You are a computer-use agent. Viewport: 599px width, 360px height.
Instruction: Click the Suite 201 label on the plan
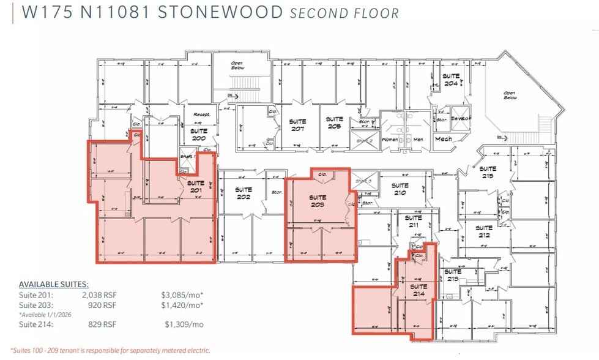click(196, 187)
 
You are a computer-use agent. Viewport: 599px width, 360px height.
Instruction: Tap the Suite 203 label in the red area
click(318, 201)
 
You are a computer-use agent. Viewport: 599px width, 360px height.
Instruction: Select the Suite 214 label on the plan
click(419, 290)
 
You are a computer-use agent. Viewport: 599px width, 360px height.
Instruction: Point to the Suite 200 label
click(198, 135)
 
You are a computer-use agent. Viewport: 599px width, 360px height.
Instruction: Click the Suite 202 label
click(244, 193)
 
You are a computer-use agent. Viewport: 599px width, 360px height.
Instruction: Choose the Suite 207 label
click(298, 126)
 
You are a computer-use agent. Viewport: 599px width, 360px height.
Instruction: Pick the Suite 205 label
click(334, 123)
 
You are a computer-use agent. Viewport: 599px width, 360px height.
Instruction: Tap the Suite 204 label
click(451, 80)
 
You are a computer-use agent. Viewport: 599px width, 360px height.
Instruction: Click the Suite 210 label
click(400, 189)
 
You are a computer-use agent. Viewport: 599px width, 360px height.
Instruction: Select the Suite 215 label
click(488, 173)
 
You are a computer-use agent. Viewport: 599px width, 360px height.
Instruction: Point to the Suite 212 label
click(485, 232)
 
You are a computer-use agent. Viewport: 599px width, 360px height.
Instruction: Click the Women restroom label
click(390, 139)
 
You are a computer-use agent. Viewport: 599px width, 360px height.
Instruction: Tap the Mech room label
click(443, 139)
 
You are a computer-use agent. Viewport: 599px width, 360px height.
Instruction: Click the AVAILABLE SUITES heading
click(54, 285)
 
